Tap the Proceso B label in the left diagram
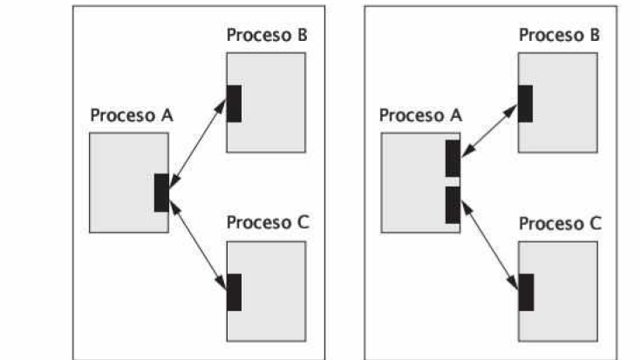(x=266, y=36)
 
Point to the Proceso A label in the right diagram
(x=420, y=116)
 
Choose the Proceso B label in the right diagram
(x=559, y=36)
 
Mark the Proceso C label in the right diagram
(x=559, y=223)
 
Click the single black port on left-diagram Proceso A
(x=161, y=193)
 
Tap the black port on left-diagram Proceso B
(x=234, y=104)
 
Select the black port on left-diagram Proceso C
(x=234, y=292)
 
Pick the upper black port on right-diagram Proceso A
(x=453, y=158)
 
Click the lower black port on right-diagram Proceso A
(x=453, y=204)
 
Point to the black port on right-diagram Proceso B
(x=526, y=104)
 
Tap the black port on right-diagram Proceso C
(x=526, y=292)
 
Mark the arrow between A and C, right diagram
(x=489, y=247)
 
